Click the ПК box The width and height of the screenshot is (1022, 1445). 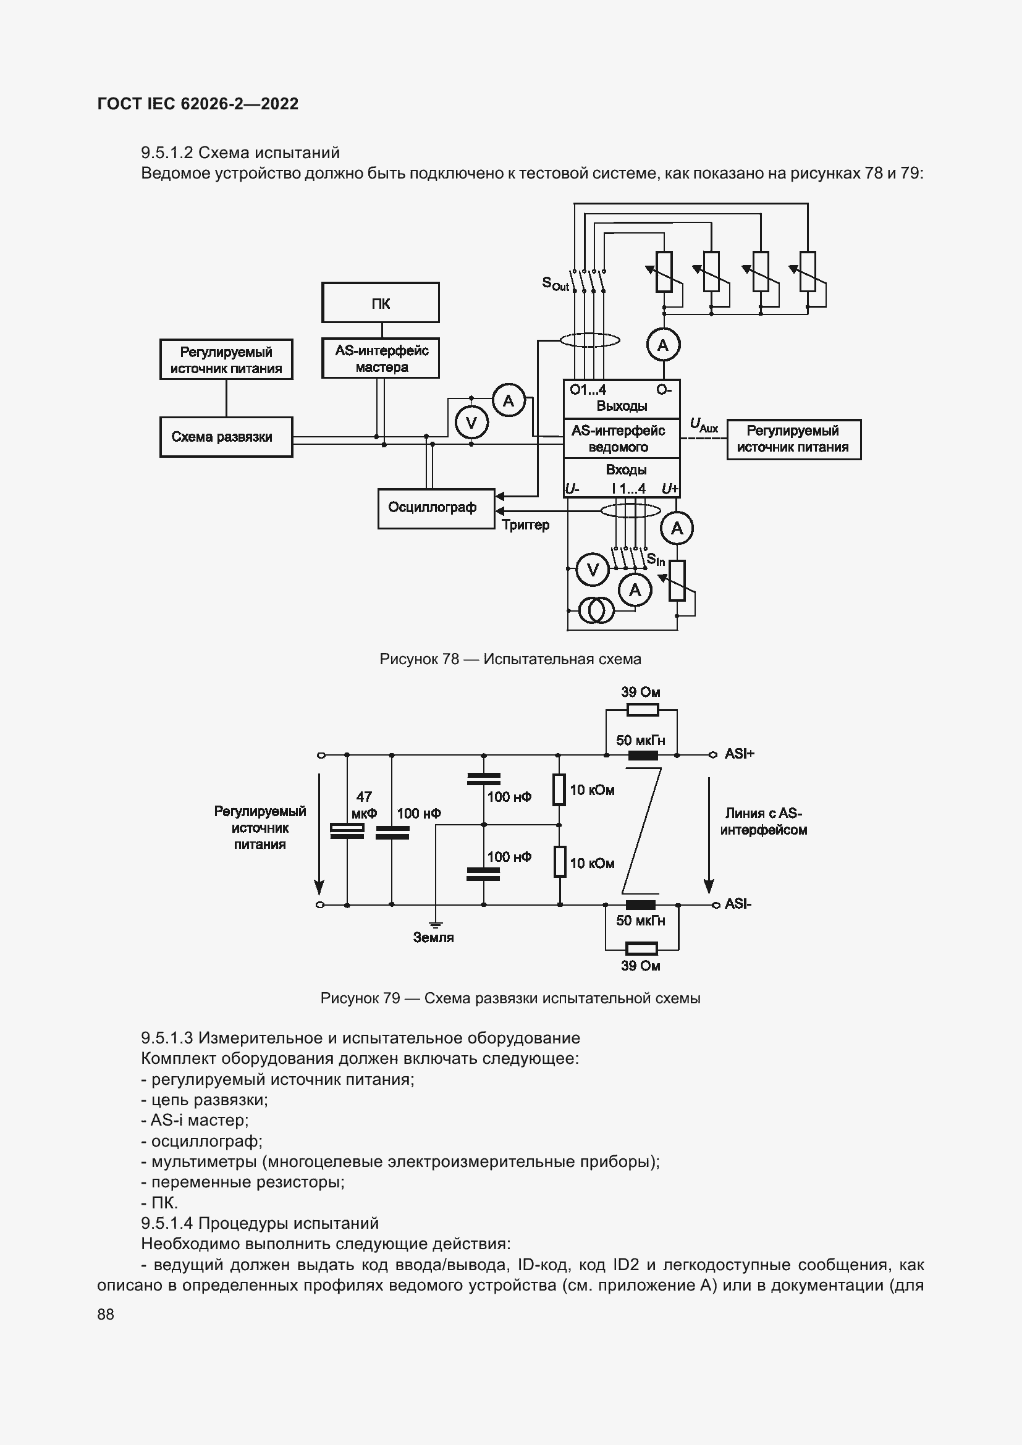[x=380, y=303]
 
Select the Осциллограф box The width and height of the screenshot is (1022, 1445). [x=436, y=508]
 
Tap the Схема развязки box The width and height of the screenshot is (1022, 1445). [x=226, y=437]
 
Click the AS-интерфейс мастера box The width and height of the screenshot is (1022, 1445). [x=380, y=359]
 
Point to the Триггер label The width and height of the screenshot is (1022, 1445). [x=525, y=525]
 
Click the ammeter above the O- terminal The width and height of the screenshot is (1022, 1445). [x=662, y=345]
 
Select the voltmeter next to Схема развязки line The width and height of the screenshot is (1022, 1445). [x=471, y=423]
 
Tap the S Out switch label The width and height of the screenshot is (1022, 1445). [x=555, y=284]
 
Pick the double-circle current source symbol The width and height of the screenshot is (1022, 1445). [x=595, y=610]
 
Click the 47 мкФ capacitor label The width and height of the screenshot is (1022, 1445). [x=364, y=805]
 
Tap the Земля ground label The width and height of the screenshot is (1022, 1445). [x=433, y=937]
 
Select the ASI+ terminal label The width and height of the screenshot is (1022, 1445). [x=739, y=754]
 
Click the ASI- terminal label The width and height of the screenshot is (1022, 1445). [x=738, y=904]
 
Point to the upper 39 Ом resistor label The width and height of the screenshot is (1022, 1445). [x=640, y=693]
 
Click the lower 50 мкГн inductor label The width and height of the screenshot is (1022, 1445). [x=640, y=920]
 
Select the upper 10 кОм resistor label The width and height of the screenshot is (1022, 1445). [x=591, y=791]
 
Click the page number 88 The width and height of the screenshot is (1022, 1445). [x=106, y=1314]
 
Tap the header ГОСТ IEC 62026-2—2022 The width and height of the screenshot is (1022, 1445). [x=198, y=104]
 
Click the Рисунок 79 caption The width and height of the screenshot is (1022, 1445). [x=510, y=998]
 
